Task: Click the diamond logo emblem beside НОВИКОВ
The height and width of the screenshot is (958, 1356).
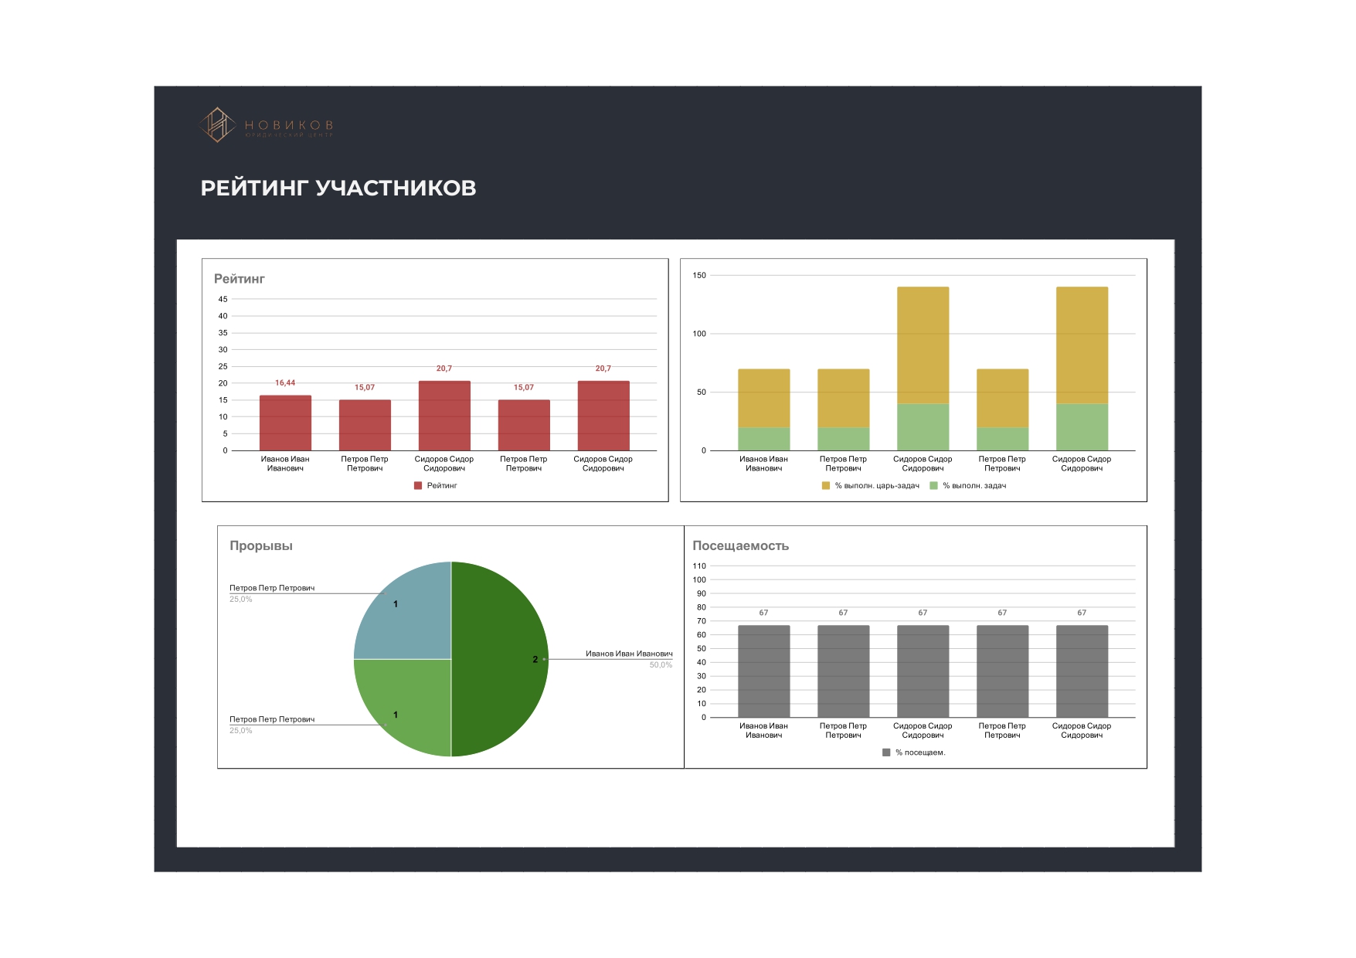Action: tap(218, 124)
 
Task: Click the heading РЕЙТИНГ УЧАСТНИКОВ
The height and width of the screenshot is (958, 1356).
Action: tap(338, 188)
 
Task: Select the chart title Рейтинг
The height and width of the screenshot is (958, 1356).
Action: tap(239, 279)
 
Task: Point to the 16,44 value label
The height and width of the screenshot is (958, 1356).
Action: tap(285, 383)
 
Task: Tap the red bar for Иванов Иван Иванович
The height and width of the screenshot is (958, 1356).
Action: tap(285, 423)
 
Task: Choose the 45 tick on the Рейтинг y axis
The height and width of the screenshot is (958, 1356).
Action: tap(223, 299)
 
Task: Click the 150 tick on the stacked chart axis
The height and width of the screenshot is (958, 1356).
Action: tap(699, 275)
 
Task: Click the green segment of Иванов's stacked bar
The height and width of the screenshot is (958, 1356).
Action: tap(763, 439)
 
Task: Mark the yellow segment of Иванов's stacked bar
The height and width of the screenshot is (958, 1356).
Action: tap(763, 398)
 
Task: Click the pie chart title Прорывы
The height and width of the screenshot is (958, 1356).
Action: tap(260, 545)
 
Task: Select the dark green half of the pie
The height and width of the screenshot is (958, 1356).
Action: tap(498, 659)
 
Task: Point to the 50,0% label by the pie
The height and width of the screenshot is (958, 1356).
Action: tap(661, 665)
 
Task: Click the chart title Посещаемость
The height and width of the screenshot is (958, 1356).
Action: tap(740, 545)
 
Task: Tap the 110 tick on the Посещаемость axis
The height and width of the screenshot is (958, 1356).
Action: tap(699, 566)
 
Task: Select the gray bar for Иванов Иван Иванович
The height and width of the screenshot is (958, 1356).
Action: tap(763, 671)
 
